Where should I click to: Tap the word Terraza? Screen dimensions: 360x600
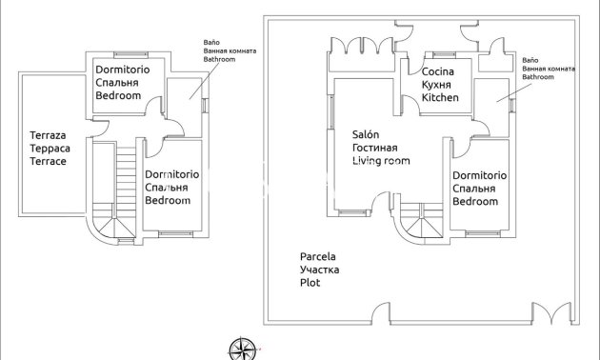pos(47,136)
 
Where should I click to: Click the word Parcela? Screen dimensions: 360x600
pos(318,257)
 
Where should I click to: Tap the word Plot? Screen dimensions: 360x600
pos(310,283)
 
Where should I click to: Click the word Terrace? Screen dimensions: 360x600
pos(48,162)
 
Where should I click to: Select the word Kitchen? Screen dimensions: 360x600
pos(440,98)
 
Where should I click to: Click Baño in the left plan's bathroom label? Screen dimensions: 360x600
pos(211,42)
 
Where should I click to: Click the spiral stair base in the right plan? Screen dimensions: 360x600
pos(416,226)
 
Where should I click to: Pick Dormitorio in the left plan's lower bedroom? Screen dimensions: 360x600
pos(171,174)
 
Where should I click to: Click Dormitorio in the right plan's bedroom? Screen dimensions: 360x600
pos(479,175)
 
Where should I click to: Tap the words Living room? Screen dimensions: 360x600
pos(381,162)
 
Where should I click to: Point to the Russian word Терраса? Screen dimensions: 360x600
pos(48,150)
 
